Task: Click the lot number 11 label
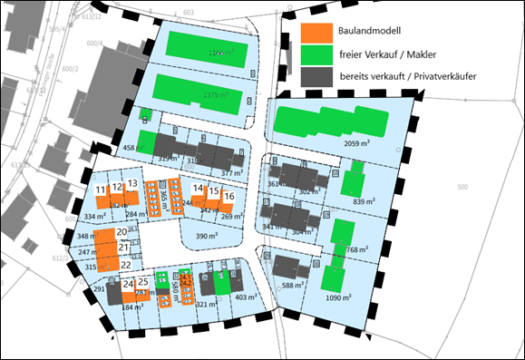pos(100,189)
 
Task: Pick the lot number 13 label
pos(131,184)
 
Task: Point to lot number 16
pos(229,197)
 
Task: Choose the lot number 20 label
pos(122,234)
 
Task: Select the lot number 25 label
pos(142,282)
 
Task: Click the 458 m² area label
pos(134,148)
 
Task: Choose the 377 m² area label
pos(232,172)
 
